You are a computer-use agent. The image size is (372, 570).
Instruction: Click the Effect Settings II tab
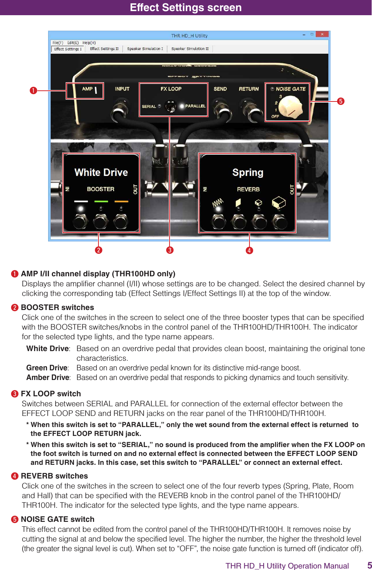(104, 49)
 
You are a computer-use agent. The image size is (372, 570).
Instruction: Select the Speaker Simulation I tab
(145, 49)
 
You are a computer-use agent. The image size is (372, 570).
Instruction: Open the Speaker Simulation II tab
(190, 49)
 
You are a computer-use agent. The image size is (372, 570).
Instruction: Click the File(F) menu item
(58, 43)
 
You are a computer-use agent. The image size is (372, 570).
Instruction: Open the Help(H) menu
(89, 43)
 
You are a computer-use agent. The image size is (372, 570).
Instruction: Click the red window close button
(322, 34)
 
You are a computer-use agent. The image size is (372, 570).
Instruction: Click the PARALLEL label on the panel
(195, 106)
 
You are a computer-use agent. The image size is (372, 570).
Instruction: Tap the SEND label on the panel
(220, 89)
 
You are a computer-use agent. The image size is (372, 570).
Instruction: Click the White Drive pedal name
(101, 172)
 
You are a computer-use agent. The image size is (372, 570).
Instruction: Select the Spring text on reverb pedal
(248, 173)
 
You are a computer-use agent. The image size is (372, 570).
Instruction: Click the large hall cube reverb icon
(279, 202)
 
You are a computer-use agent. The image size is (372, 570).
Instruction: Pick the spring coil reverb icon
(218, 203)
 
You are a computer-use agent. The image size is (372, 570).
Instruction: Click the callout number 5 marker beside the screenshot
(341, 101)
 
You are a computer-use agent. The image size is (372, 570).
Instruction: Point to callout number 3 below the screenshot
(170, 250)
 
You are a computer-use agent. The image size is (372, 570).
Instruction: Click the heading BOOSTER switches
(57, 307)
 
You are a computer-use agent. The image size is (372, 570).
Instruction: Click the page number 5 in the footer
(369, 565)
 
